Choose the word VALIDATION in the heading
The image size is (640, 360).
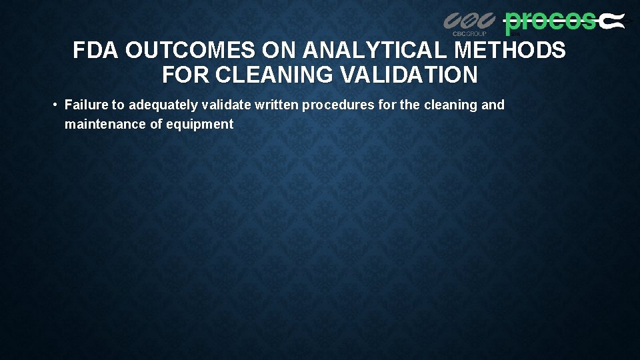click(x=409, y=75)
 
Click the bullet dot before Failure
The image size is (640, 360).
click(x=54, y=105)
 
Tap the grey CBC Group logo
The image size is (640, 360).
click(x=469, y=23)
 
